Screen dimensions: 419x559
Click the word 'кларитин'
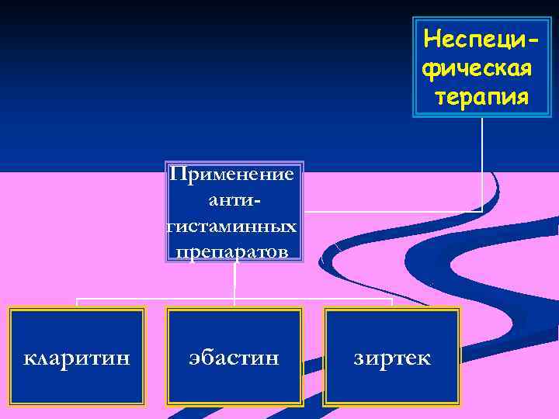coord(77,359)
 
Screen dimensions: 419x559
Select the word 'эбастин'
coord(234,359)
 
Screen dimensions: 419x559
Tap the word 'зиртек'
coord(392,359)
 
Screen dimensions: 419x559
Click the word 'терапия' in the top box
coord(482,98)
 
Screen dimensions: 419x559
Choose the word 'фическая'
coord(477,68)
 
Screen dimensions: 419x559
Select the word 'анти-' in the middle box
coord(234,199)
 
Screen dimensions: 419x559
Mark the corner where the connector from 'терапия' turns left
coord(483,210)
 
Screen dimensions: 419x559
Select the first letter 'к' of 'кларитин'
coord(30,359)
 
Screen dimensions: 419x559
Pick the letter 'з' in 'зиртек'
coord(359,359)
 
